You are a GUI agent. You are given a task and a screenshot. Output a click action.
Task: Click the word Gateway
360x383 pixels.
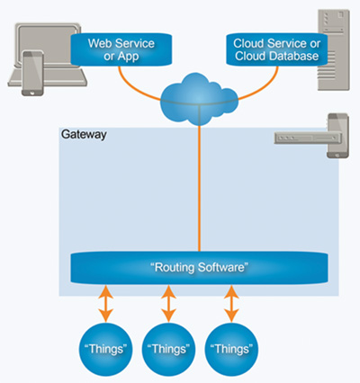coord(83,136)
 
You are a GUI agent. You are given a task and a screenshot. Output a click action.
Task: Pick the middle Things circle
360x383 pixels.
coord(168,347)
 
